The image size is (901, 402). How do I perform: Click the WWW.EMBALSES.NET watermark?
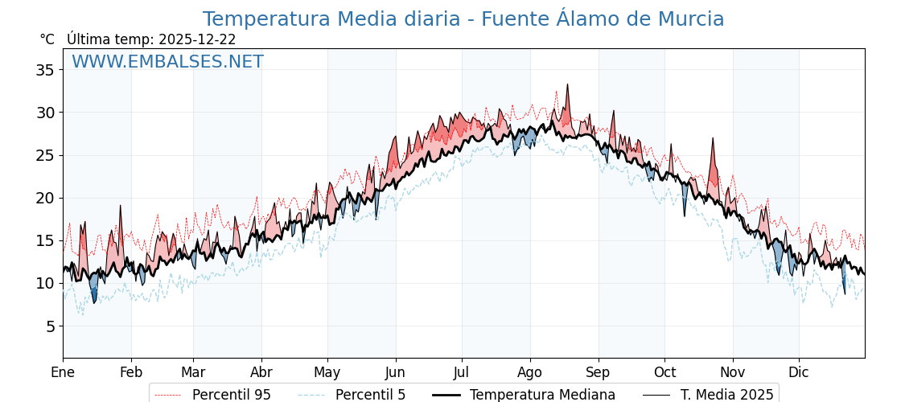point(167,62)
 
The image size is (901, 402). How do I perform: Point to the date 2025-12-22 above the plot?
point(197,39)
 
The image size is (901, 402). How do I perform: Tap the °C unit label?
point(47,39)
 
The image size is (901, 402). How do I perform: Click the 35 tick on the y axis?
point(45,70)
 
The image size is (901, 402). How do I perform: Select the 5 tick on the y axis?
point(50,326)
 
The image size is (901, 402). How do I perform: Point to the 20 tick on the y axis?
point(45,198)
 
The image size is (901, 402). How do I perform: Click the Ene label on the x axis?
point(63,372)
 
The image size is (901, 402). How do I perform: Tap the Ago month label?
point(530,372)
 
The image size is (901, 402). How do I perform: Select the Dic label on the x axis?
point(799,372)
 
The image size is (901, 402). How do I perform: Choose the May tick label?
point(327,372)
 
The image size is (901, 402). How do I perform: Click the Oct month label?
point(664,372)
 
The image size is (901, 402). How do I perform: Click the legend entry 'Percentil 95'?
point(231,395)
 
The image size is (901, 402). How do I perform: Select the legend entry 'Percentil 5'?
point(370,395)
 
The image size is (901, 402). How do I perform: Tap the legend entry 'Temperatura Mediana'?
point(542,395)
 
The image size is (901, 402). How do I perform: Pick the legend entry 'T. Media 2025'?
point(726,395)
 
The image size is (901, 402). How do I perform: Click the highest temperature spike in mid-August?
point(567,84)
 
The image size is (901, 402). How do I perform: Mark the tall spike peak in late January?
point(121,206)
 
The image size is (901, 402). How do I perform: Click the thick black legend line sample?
point(446,395)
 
